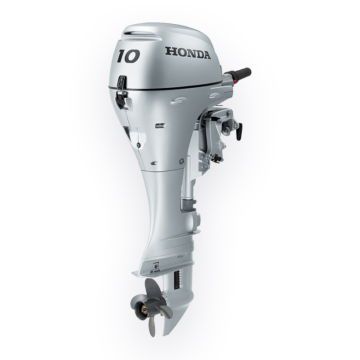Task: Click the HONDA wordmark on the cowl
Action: point(188,53)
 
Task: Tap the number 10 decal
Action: point(128,56)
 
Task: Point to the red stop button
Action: point(234,82)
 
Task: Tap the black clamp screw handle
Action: point(239,131)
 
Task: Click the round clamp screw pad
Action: point(227,130)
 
